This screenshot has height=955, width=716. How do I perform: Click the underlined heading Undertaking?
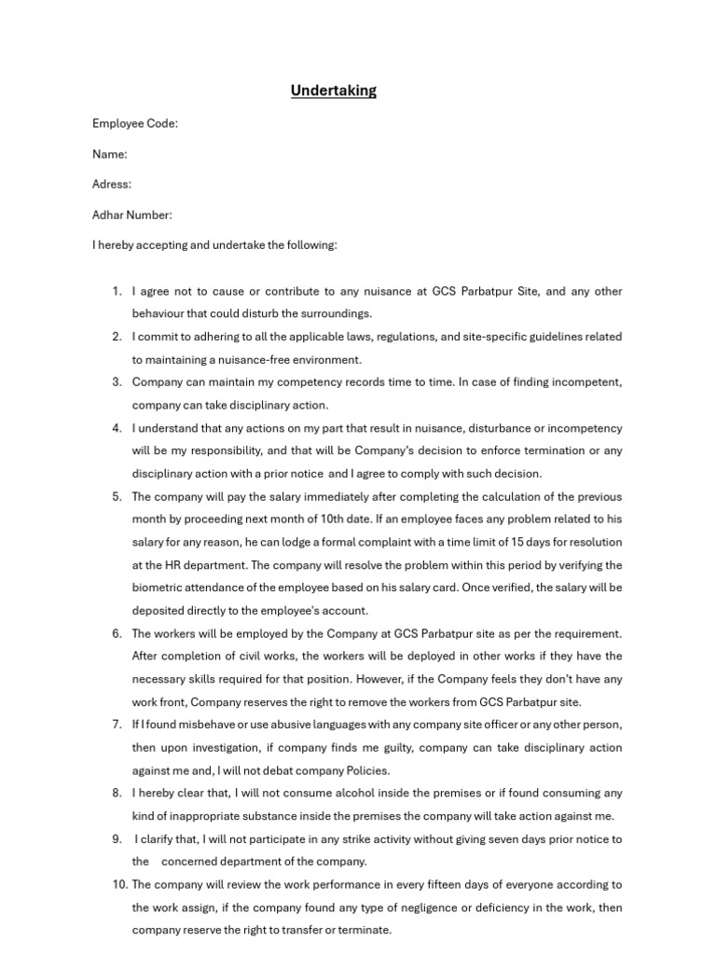pos(333,90)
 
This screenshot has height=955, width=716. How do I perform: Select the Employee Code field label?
pos(135,123)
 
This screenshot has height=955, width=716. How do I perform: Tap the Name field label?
pos(110,154)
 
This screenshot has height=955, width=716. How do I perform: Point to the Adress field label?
pos(112,185)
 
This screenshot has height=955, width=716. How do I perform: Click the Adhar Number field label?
pos(132,215)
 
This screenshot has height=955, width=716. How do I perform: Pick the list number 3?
pos(117,382)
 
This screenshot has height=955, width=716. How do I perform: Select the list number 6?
pos(117,633)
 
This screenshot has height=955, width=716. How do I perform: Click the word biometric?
pos(158,588)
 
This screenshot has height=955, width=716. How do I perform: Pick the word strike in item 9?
pos(345,838)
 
